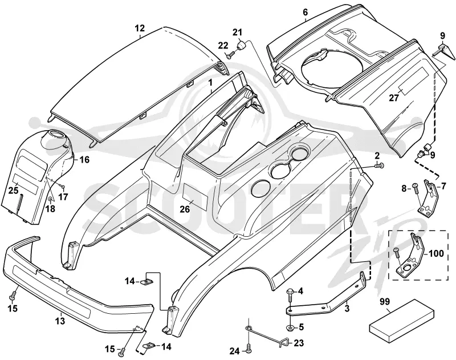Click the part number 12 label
(x=140, y=28)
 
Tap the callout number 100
(x=437, y=253)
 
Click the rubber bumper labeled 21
(x=242, y=45)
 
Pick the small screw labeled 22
(x=230, y=54)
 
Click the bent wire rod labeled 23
(x=266, y=335)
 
